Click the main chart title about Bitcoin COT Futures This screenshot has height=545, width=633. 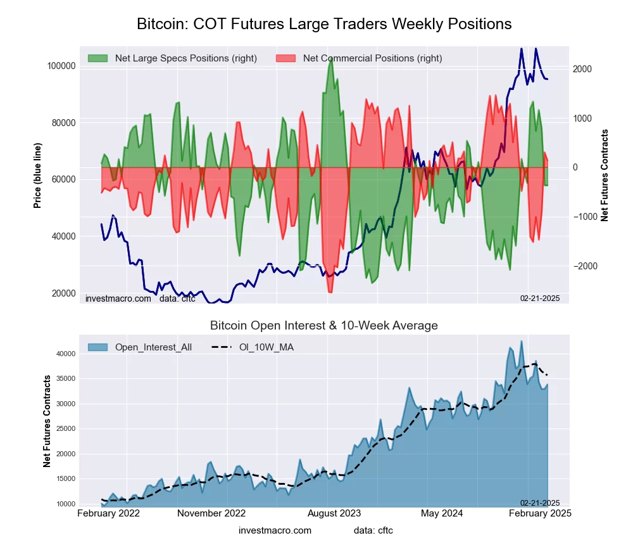(324, 24)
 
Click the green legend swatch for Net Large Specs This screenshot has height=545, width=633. (97, 58)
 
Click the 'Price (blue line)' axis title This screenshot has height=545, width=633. (38, 176)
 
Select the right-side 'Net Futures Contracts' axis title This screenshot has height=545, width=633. (605, 176)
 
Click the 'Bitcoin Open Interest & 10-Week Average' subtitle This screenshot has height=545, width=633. (324, 326)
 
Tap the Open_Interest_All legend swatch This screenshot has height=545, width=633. (97, 347)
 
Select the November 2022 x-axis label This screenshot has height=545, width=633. (211, 513)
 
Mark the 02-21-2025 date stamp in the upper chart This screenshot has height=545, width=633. (539, 298)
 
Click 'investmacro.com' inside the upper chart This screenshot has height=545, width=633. (118, 298)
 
